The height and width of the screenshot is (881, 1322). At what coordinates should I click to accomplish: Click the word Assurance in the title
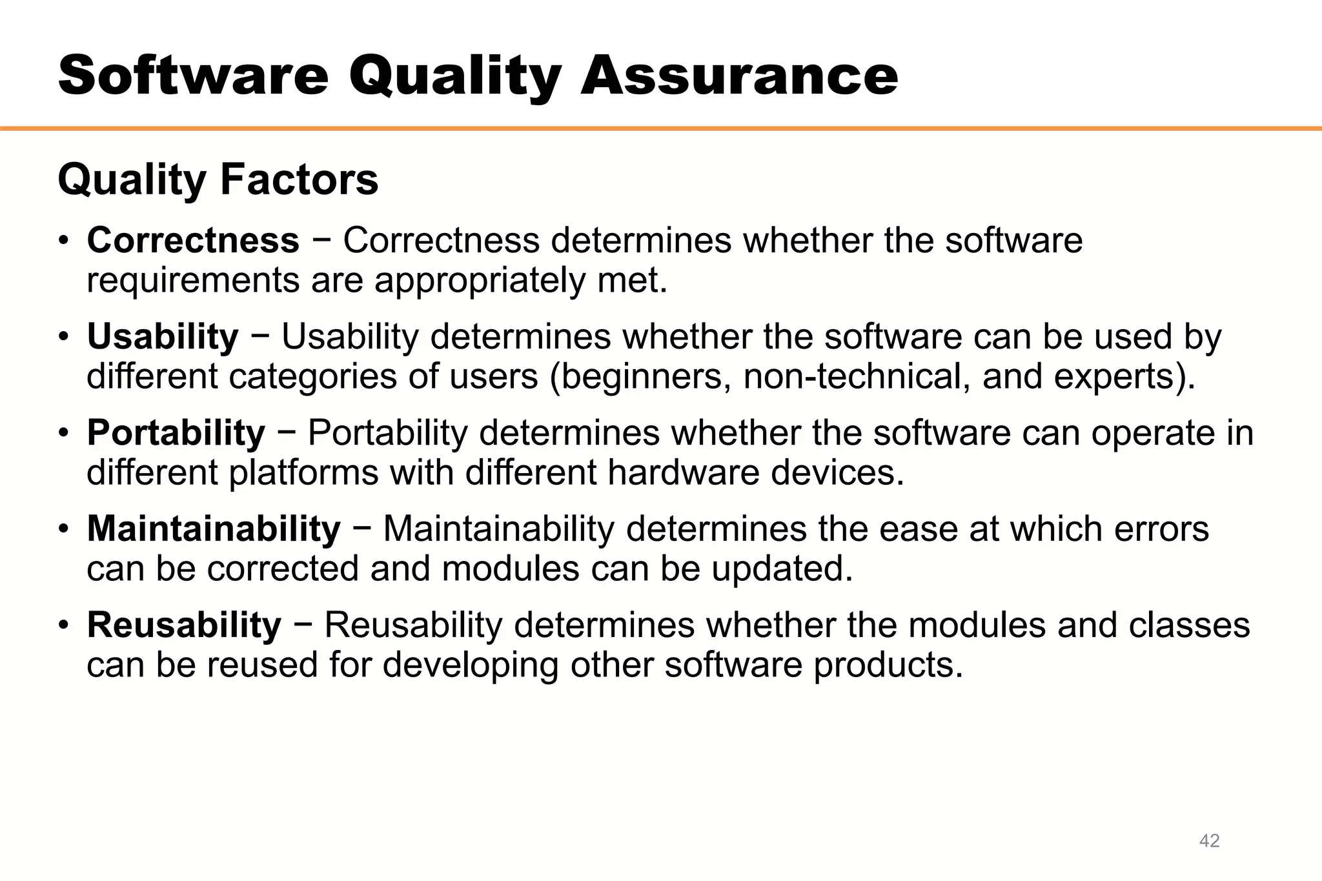pos(738,76)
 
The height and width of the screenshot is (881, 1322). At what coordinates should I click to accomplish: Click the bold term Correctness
pos(193,240)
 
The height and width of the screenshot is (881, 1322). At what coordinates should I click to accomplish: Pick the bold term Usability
pos(163,337)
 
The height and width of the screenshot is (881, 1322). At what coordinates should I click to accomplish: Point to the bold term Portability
pos(176,432)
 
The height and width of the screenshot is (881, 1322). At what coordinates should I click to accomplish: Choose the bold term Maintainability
pos(214,529)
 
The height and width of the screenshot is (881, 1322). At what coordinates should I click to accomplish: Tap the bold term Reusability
pos(184,625)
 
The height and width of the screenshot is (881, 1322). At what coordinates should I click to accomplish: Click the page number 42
pos(1209,840)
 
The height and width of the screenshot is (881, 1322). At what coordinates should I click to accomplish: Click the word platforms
pos(303,473)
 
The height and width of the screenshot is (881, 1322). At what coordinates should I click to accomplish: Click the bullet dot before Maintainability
pos(63,530)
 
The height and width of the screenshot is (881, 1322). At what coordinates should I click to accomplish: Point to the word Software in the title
pos(194,76)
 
